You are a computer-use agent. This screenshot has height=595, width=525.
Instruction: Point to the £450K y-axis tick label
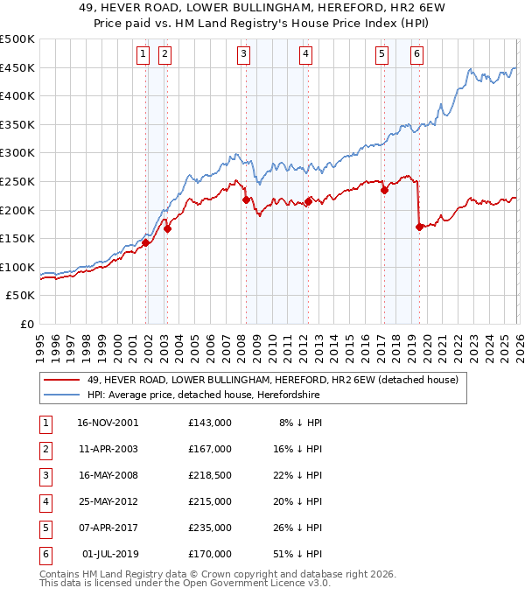(x=17, y=67)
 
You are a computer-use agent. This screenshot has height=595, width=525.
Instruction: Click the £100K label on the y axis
(x=17, y=267)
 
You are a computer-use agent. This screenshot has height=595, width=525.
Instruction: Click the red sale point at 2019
(x=420, y=227)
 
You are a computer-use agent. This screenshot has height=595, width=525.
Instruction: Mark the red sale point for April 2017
(x=385, y=190)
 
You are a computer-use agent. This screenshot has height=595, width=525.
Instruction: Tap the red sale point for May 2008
(x=247, y=199)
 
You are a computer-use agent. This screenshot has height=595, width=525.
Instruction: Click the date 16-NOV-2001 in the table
(x=108, y=423)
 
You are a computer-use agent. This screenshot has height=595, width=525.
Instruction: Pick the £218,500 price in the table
(x=210, y=475)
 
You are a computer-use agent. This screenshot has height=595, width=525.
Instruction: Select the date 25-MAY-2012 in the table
(x=108, y=501)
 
